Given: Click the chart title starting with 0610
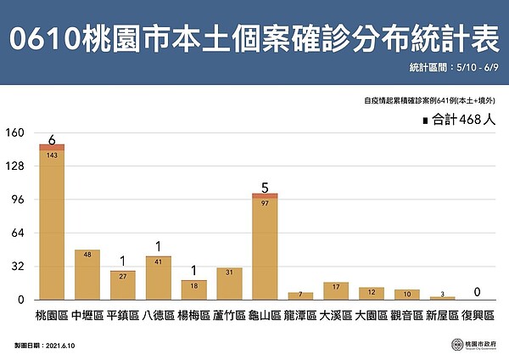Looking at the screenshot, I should pos(255,41).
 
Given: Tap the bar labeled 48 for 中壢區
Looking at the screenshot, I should pos(87,274).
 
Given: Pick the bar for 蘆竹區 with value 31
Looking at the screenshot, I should pos(229,284).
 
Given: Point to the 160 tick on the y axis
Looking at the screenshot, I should pos(15,133).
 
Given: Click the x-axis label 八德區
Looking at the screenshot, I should pos(158,316).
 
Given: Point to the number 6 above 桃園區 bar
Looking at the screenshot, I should pos(52,139).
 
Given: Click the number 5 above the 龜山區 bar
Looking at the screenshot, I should pos(265,187).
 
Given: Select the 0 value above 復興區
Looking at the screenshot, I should pos(478,292).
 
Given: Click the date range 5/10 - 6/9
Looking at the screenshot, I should pos(479,66).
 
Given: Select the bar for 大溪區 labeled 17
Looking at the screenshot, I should pos(336,290).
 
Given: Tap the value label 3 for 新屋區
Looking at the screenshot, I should pos(442,293).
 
